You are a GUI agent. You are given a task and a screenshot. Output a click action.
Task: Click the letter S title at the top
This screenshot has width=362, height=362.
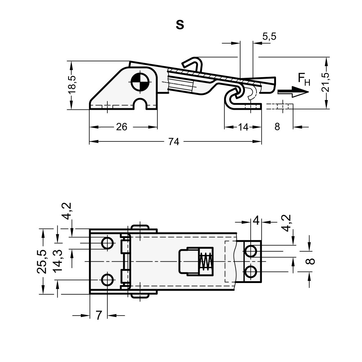coord(180,25)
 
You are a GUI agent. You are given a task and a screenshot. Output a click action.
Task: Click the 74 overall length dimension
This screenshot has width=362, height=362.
coord(174,142)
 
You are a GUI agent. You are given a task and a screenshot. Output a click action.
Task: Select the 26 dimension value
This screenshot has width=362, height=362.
coord(122,127)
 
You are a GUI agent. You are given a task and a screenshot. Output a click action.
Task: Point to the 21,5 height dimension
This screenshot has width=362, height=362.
coord(326,82)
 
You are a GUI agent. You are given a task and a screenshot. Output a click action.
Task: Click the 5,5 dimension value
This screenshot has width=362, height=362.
coord(269,37)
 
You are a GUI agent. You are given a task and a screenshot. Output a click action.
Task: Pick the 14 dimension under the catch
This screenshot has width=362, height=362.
coord(243,127)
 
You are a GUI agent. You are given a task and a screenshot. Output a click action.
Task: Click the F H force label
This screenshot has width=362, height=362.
coord(304,79)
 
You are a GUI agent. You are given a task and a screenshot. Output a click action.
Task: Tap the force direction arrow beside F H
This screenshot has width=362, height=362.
coord(293,92)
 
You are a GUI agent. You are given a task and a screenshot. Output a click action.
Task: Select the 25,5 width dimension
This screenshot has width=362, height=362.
coord(42,261)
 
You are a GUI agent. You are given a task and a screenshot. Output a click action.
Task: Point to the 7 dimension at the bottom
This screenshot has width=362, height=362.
coord(99,315)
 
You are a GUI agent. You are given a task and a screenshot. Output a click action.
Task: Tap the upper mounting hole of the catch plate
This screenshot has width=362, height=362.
coord(250,251)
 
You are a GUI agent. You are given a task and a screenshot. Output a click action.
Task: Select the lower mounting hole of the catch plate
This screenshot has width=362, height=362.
coord(250,272)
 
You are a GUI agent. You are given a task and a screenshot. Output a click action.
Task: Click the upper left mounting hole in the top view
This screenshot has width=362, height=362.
coord(107,243)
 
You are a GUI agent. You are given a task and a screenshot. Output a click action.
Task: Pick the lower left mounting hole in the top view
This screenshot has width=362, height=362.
coord(107,280)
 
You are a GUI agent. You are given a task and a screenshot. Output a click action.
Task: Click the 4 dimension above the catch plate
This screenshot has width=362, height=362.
coord(256,221)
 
